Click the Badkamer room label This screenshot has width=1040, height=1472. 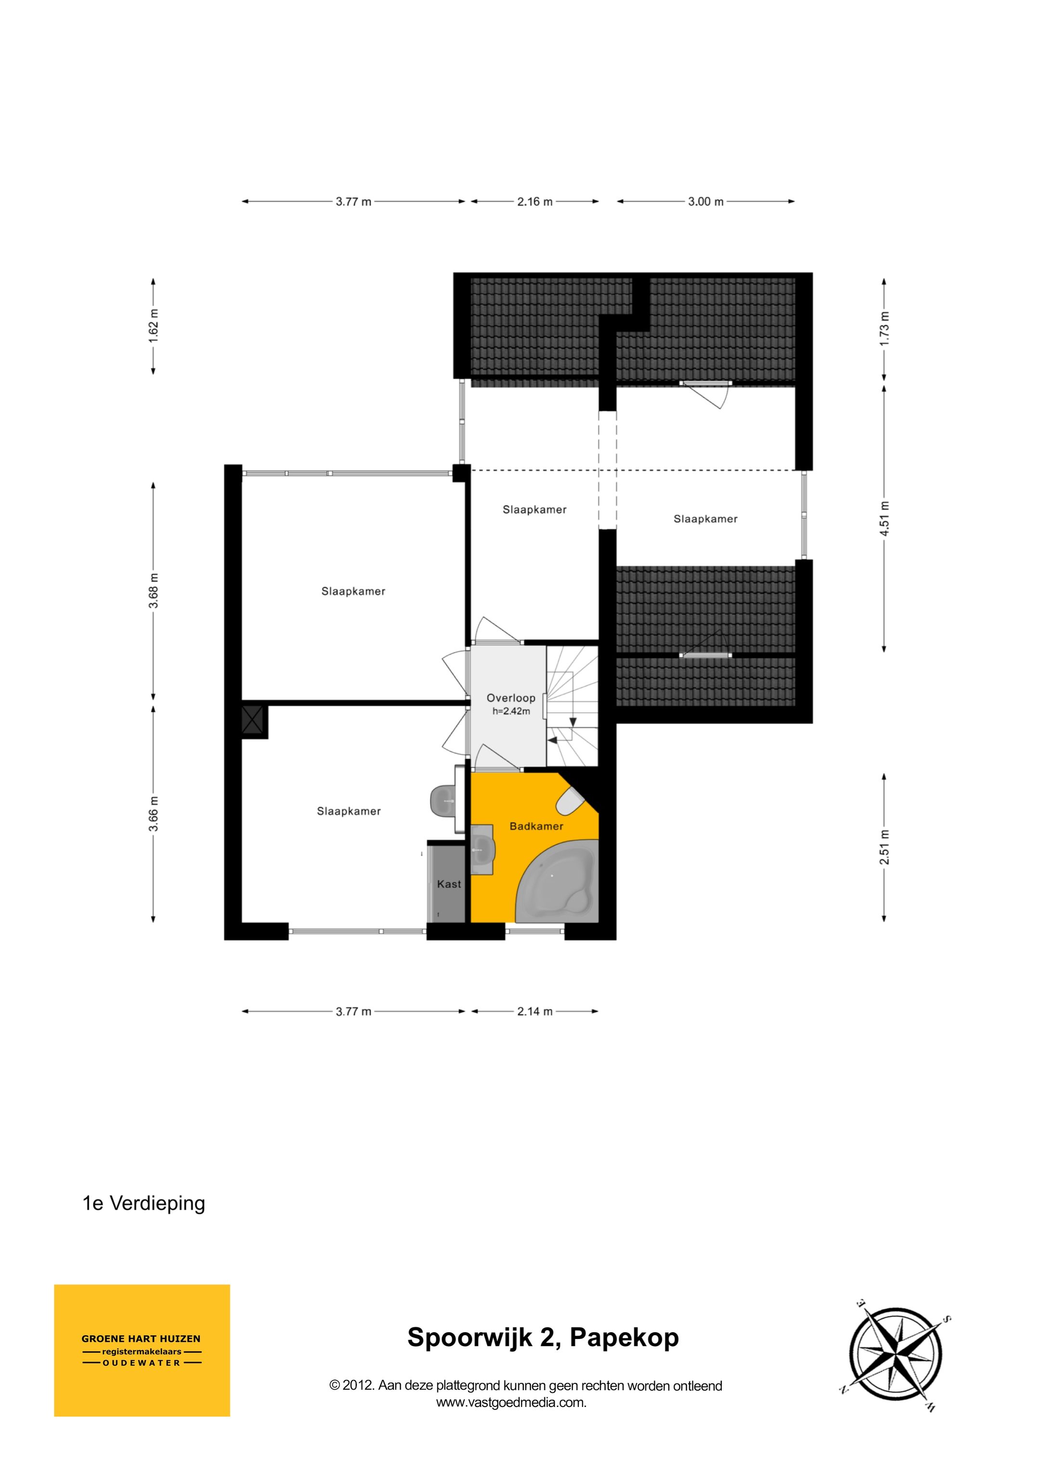[x=536, y=826]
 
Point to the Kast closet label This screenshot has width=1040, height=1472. [x=449, y=884]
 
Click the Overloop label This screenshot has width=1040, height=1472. [x=511, y=698]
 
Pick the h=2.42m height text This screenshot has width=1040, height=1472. [x=511, y=711]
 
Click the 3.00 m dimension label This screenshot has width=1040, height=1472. [x=705, y=202]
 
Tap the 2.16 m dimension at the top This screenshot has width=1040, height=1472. [x=534, y=202]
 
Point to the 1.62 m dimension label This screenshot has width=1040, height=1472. [x=154, y=326]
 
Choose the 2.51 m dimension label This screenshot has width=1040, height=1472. [x=884, y=847]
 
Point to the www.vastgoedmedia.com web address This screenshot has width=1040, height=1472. [x=511, y=1402]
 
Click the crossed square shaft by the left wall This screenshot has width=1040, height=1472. [x=254, y=721]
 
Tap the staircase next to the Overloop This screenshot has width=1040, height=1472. [x=572, y=705]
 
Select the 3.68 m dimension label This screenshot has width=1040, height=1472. [x=154, y=590]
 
